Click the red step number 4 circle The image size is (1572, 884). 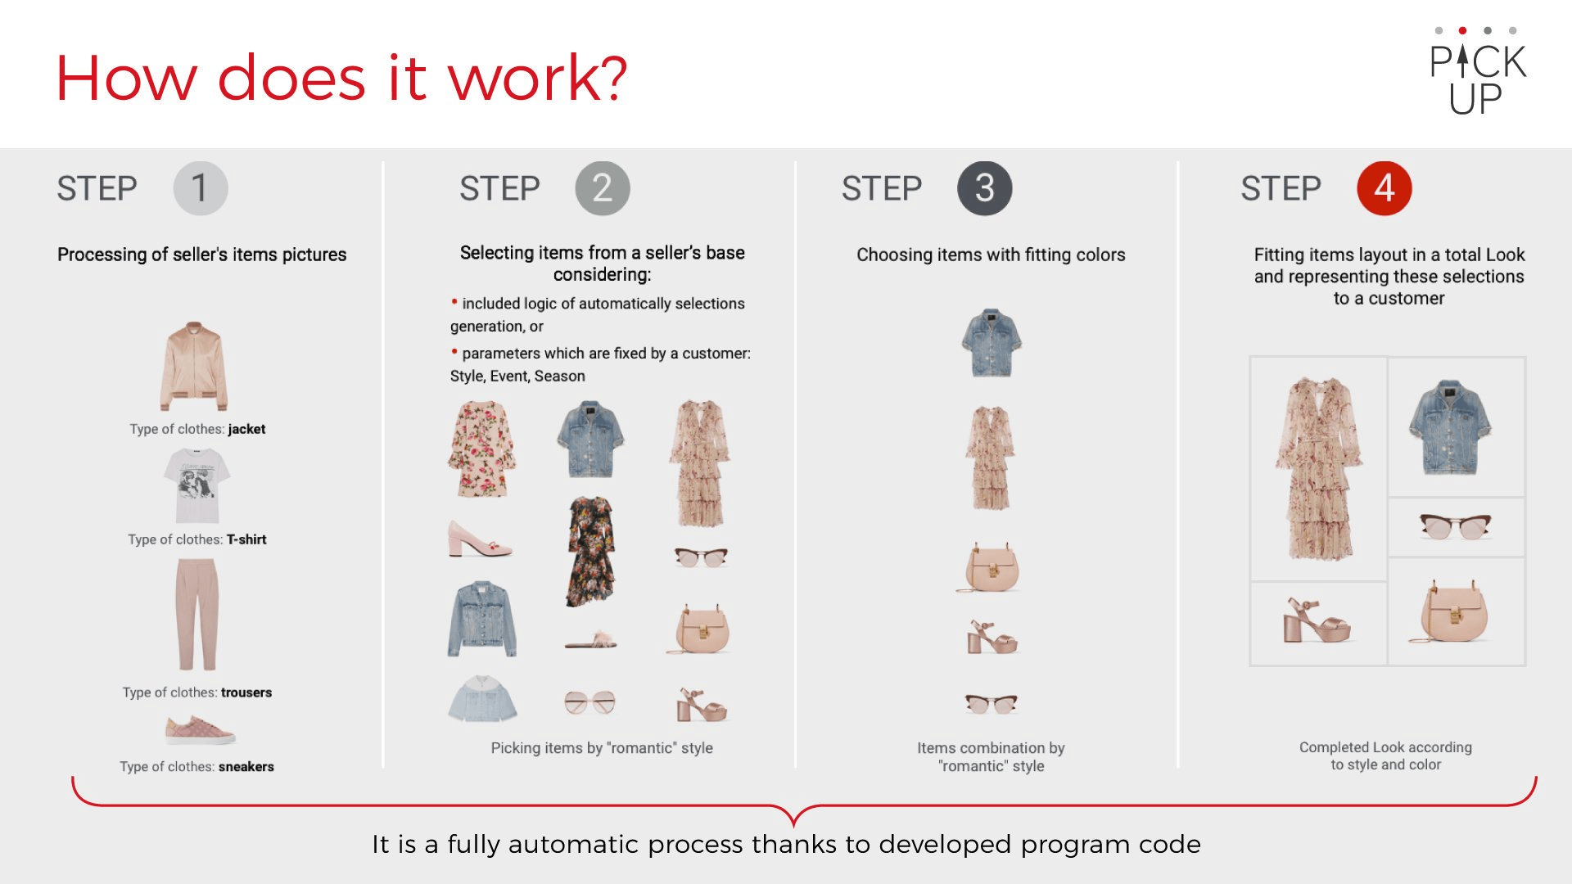coord(1384,188)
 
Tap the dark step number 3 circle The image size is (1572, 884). coord(984,188)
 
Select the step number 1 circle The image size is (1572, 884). coord(201,188)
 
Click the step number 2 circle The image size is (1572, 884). coord(603,188)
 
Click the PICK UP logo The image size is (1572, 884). coord(1478,71)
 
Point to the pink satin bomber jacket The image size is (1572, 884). coord(194,366)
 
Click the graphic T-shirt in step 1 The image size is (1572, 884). coord(196,485)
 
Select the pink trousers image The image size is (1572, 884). coord(197,615)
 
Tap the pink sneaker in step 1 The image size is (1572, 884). coord(200,728)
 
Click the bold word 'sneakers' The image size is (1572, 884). coord(246,767)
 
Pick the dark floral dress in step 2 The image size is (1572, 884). coord(589,551)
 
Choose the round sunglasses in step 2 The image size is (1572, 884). coord(589,701)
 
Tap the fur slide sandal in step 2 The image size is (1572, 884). coord(591,640)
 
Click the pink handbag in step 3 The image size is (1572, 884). coord(989,566)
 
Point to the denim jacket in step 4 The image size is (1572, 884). coord(1450,426)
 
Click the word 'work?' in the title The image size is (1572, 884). coord(538,78)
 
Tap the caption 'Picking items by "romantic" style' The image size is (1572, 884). coord(602,747)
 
